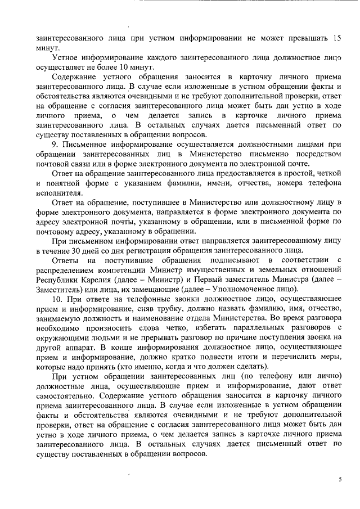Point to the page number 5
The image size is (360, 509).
tap(339, 479)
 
